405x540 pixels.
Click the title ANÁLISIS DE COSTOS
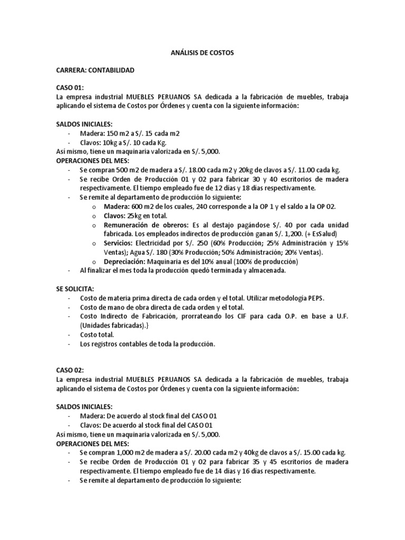(202, 53)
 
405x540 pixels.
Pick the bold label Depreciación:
(126, 262)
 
